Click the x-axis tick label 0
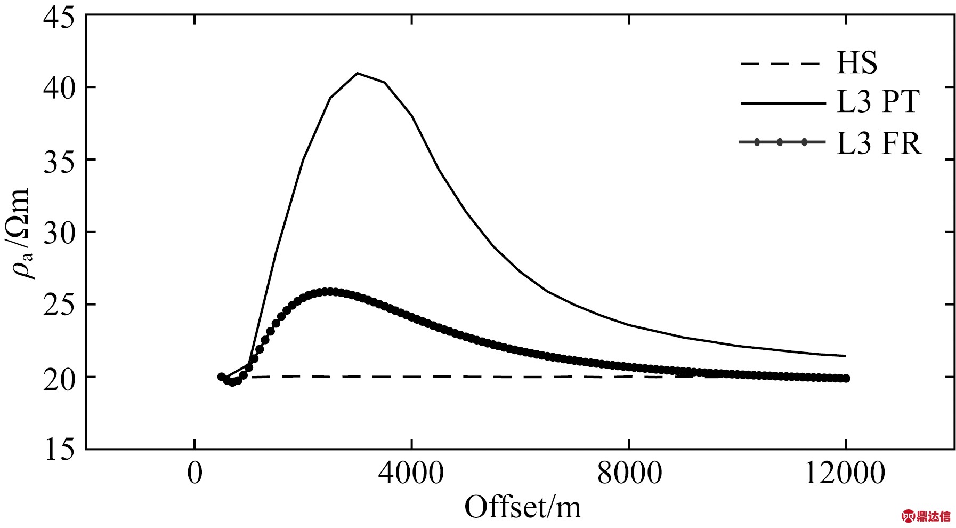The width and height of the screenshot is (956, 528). click(195, 473)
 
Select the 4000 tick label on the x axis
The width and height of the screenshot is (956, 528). click(412, 473)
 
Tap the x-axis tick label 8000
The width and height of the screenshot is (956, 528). click(629, 473)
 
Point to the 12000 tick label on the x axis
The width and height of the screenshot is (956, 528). click(845, 473)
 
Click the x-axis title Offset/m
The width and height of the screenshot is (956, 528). click(522, 507)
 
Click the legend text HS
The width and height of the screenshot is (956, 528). click(857, 63)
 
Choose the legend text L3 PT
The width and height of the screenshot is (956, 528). click(878, 102)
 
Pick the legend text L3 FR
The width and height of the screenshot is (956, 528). click(879, 143)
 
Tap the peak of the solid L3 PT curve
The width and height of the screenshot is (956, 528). click(357, 73)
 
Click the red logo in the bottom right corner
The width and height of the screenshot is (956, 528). click(926, 516)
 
